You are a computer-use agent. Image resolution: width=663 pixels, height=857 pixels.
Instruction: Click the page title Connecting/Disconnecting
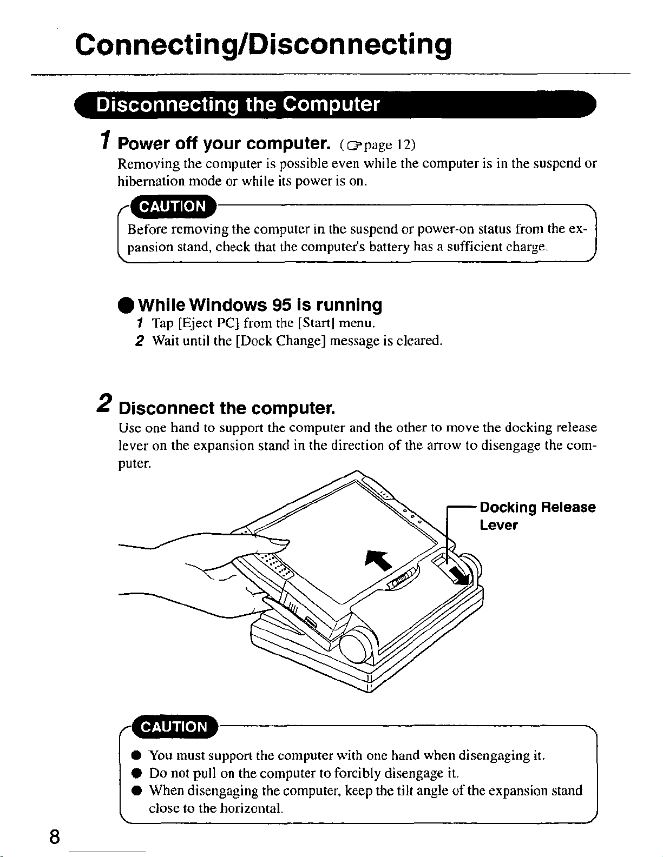[263, 45]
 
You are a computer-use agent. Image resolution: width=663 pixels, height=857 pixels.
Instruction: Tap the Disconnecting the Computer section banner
[335, 104]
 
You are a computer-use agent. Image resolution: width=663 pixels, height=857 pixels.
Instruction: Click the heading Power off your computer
[224, 144]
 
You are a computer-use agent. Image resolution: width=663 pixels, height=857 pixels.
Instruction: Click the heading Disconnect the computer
[227, 408]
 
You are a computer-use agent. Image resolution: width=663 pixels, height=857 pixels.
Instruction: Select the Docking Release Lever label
[537, 515]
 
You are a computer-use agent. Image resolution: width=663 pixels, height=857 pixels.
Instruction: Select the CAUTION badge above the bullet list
[174, 726]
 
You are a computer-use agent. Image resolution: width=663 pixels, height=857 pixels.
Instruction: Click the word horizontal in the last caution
[251, 808]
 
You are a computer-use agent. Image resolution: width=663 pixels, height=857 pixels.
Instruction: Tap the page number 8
[55, 836]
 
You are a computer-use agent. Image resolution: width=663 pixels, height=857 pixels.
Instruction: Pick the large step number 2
[104, 403]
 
